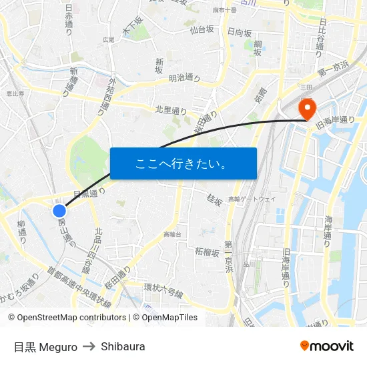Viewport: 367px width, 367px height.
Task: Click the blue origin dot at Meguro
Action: (59, 211)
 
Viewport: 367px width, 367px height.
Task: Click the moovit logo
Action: (326, 346)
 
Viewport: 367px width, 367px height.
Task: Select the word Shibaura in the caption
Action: (123, 346)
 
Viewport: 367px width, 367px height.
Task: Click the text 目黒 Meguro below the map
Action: (45, 346)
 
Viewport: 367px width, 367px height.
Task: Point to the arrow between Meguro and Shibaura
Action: (89, 346)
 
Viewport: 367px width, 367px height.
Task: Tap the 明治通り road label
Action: (184, 78)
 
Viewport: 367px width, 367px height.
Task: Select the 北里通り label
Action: (171, 110)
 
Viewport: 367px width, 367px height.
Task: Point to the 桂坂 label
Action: (214, 200)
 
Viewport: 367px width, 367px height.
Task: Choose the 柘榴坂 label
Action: (207, 252)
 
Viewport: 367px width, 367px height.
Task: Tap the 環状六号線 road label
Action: (163, 288)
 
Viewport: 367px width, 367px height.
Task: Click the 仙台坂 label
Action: (201, 29)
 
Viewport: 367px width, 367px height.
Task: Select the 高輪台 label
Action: (171, 234)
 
